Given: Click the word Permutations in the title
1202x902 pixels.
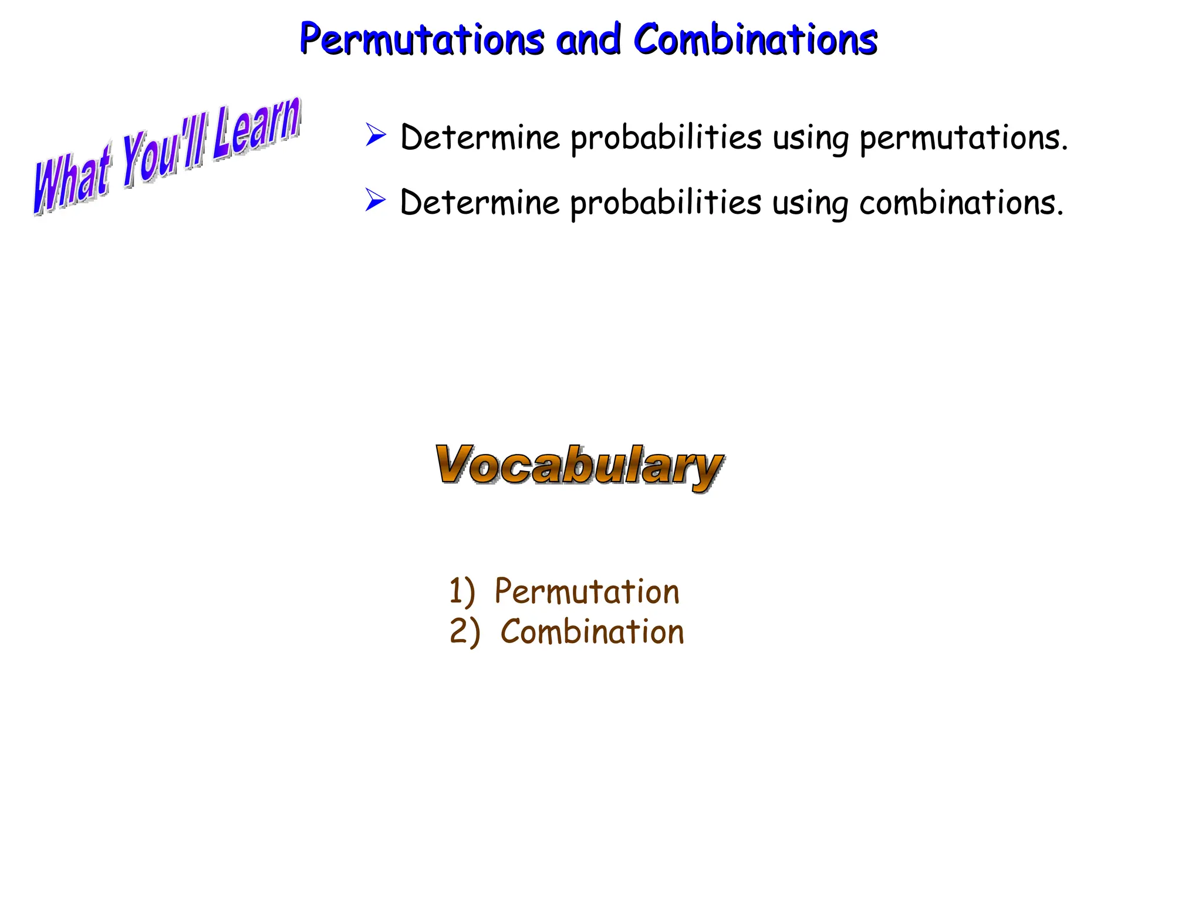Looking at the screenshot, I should pyautogui.click(x=421, y=39).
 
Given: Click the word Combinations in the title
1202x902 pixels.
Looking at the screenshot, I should pyautogui.click(x=755, y=39).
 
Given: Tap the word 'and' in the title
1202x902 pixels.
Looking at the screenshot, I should pyautogui.click(x=588, y=39).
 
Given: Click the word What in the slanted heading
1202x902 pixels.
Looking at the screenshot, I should pyautogui.click(x=72, y=179).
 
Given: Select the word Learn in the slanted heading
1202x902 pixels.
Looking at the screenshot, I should pyautogui.click(x=256, y=129).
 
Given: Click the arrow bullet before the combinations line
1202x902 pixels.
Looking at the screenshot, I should pyautogui.click(x=376, y=200).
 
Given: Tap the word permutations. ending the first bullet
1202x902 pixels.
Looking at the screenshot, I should pyautogui.click(x=963, y=139).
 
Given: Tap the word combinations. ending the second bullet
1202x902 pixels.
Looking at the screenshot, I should pyautogui.click(x=961, y=203).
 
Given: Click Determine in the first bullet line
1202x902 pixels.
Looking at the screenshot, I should pyautogui.click(x=480, y=137).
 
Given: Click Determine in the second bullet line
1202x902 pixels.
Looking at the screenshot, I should pyautogui.click(x=480, y=203).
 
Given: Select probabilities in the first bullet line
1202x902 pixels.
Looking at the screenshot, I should pyautogui.click(x=666, y=139).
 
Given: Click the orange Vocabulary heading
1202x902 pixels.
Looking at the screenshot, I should pyautogui.click(x=579, y=466).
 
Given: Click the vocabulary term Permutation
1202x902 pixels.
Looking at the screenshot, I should pyautogui.click(x=587, y=591).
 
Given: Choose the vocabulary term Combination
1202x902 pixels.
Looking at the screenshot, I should pyautogui.click(x=592, y=632).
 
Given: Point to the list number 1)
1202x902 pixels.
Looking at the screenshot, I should pyautogui.click(x=461, y=591).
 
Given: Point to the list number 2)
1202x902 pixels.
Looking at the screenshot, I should pyautogui.click(x=464, y=632).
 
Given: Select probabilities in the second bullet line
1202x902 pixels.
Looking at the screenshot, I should pyautogui.click(x=666, y=203).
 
